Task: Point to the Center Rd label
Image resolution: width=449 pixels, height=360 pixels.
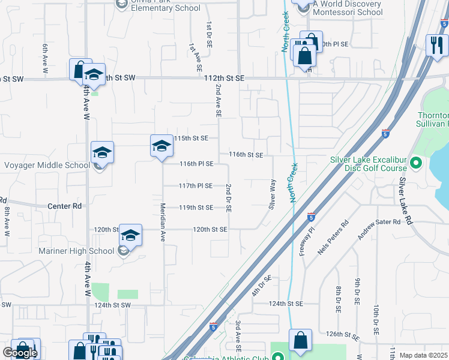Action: point(64,206)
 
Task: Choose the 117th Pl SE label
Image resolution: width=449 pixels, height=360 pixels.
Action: point(196,186)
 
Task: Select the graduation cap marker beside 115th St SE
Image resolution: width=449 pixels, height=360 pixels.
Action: point(161,146)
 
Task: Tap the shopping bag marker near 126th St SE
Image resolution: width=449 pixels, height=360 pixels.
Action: point(300,341)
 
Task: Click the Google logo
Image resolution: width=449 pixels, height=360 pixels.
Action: point(20,353)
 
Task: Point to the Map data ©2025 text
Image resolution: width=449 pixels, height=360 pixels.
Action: point(423,355)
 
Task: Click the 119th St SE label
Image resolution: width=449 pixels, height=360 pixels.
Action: point(196,208)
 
